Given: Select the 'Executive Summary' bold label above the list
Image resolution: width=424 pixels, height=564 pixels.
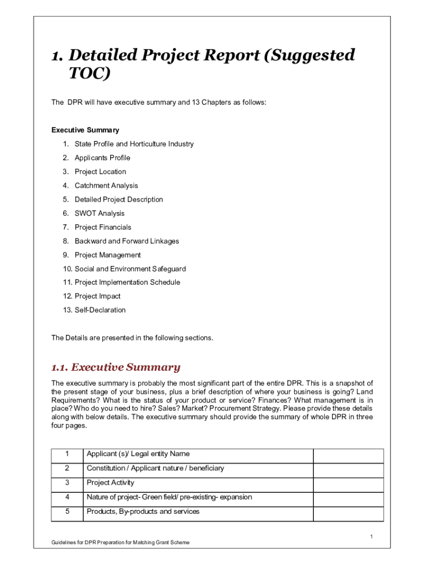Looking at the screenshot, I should [x=85, y=130].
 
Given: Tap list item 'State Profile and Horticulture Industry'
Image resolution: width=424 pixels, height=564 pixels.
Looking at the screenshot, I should [x=134, y=144].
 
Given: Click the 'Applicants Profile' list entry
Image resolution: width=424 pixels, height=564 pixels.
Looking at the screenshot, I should [x=102, y=158].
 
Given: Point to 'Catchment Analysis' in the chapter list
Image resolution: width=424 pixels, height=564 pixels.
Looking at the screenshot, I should [x=106, y=186].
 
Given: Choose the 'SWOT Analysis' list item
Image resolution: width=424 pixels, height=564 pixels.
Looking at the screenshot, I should [x=100, y=213].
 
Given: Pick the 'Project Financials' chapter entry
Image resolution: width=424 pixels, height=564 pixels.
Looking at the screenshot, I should [x=103, y=227].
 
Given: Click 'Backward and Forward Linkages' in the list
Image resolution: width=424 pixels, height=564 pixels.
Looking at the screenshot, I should [x=127, y=241].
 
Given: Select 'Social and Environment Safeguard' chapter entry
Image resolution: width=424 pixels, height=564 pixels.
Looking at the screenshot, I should [x=130, y=269].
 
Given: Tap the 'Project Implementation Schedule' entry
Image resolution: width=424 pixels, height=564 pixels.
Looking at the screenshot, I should [x=127, y=283].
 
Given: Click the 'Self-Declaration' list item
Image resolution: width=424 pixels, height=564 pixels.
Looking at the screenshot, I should [x=100, y=310].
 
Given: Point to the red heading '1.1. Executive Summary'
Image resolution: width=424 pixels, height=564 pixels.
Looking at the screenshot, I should [x=116, y=367].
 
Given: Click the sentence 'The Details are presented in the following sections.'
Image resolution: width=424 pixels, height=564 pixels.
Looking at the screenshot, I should [x=132, y=338].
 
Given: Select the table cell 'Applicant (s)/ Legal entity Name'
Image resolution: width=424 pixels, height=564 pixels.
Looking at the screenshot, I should [x=138, y=454].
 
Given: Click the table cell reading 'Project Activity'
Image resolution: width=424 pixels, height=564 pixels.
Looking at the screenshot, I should [x=110, y=482].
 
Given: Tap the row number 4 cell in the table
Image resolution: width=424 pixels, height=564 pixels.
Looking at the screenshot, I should [x=67, y=497].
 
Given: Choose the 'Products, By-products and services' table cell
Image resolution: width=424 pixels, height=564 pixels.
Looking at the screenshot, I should [x=143, y=511].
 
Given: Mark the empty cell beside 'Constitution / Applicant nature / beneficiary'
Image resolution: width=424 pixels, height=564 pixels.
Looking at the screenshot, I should [x=348, y=468].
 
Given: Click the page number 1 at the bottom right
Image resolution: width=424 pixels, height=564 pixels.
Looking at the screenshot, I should [x=372, y=536].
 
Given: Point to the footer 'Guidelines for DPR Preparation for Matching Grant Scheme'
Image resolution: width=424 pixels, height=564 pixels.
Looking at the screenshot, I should [x=121, y=543].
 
